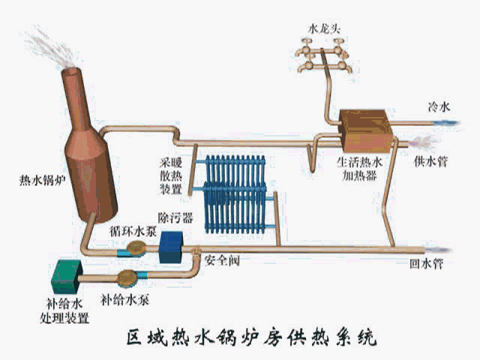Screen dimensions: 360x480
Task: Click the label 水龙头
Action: tap(325, 28)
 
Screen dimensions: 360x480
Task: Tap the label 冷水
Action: tap(439, 108)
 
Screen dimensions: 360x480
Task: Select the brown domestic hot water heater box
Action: tap(363, 127)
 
